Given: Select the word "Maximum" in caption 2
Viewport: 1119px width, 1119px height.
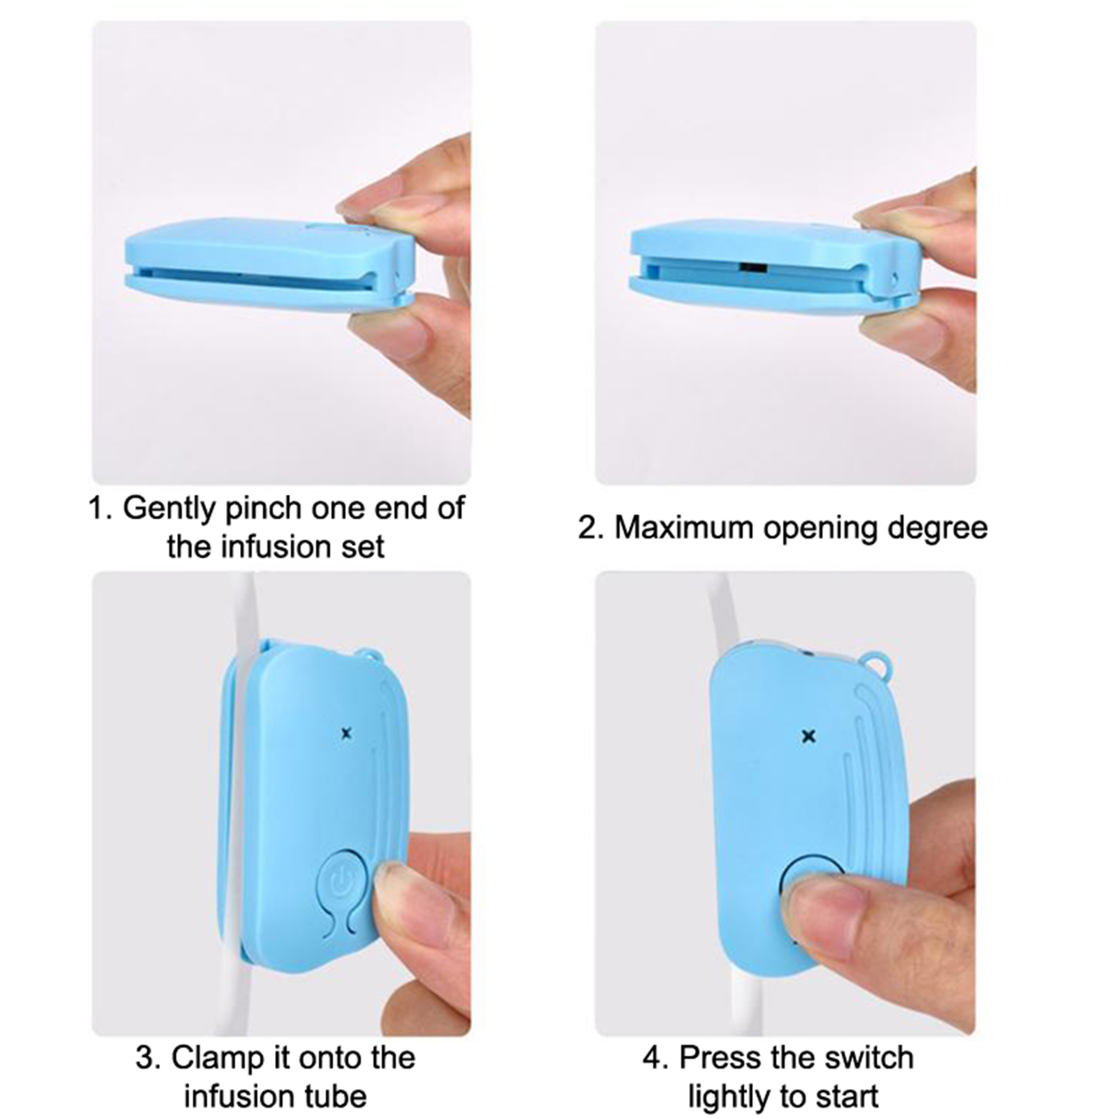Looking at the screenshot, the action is tap(685, 528).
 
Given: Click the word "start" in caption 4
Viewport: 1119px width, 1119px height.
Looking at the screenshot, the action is tap(846, 1097).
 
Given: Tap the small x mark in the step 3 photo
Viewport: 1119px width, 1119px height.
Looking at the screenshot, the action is tap(345, 734).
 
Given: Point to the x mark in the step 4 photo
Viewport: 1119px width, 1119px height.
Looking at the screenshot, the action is tap(809, 736).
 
